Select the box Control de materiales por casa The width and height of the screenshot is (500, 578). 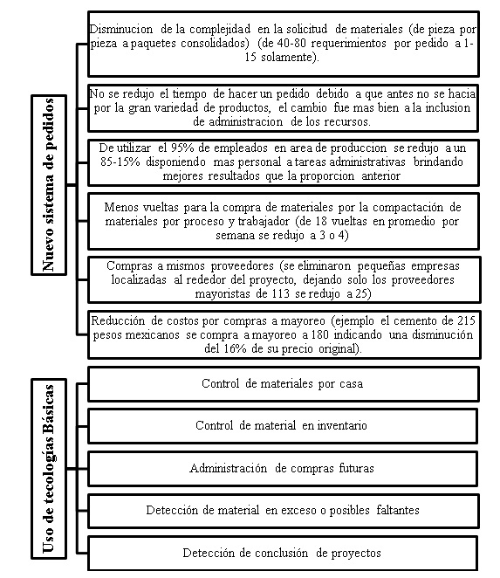(x=282, y=383)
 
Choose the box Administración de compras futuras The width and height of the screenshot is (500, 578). (x=282, y=468)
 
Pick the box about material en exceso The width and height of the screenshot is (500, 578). (x=282, y=510)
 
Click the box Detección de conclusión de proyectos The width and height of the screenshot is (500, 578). (x=282, y=553)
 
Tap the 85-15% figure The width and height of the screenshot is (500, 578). (x=119, y=162)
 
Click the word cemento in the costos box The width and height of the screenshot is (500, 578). (x=406, y=320)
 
